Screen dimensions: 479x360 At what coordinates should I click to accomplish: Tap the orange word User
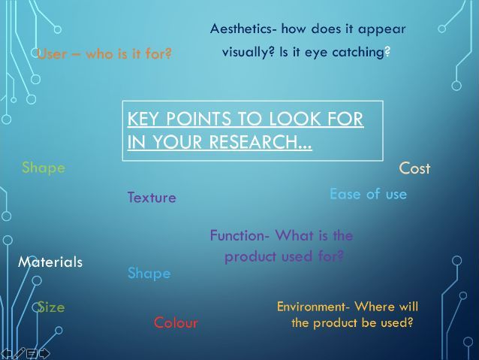click(52, 54)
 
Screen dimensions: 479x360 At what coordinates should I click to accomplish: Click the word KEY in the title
click(144, 119)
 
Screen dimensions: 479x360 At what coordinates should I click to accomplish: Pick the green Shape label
click(44, 168)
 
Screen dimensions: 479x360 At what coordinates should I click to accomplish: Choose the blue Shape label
click(149, 273)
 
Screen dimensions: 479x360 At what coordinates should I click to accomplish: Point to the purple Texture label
click(152, 197)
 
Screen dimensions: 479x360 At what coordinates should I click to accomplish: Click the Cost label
click(414, 168)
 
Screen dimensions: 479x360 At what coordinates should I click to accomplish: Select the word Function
click(237, 235)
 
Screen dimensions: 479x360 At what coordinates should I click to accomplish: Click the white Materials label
click(50, 262)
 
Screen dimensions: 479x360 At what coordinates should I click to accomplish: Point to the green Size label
click(51, 307)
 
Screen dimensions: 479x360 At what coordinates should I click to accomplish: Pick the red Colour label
click(176, 322)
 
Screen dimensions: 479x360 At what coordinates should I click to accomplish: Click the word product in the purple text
click(250, 256)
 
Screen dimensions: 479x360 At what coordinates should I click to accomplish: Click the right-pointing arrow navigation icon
click(44, 353)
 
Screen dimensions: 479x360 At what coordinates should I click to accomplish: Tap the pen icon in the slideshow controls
click(19, 353)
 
